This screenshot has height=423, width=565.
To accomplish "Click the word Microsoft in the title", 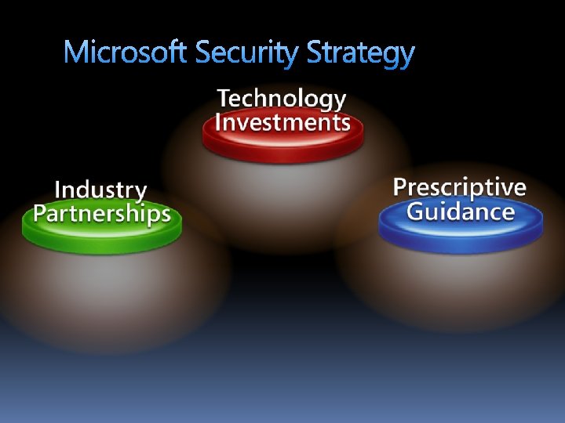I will tap(126, 52).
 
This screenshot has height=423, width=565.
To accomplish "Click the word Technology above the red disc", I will tap(282, 99).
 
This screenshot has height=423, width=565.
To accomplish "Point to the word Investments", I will tap(282, 123).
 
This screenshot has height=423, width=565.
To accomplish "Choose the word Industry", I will tap(100, 190).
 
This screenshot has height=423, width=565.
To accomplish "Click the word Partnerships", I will tap(102, 214).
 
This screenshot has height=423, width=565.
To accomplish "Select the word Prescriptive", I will tap(459, 188).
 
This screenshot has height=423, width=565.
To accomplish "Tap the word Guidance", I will tap(461, 211).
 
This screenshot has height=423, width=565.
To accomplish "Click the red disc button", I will tap(282, 145).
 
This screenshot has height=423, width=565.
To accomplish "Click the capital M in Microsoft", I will tap(76, 52).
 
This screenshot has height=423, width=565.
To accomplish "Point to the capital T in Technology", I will tap(225, 99).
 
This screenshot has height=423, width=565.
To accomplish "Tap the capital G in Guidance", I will tap(417, 211).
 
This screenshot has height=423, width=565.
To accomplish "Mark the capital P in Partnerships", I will tap(40, 214).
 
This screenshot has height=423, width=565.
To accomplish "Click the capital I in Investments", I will tap(219, 123).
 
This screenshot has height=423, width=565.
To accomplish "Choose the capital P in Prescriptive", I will tap(400, 187).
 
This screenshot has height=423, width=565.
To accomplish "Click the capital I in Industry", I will tap(58, 190).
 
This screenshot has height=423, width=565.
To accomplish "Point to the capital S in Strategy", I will tap(315, 52).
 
